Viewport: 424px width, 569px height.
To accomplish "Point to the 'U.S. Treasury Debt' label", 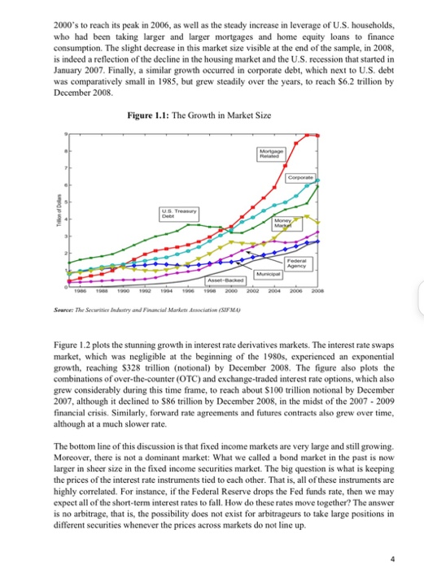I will click(176, 212).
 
